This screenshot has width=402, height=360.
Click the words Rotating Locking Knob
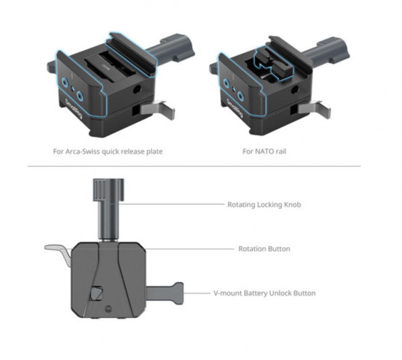click(x=264, y=204)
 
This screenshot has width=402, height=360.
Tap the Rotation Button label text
click(x=264, y=249)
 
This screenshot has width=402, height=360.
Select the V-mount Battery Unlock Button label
click(x=265, y=293)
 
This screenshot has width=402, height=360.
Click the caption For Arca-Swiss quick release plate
click(x=108, y=151)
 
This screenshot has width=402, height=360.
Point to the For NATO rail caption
click(x=265, y=151)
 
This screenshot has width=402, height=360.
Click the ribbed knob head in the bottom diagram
click(x=109, y=190)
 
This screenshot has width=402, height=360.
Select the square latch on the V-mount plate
click(x=97, y=293)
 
